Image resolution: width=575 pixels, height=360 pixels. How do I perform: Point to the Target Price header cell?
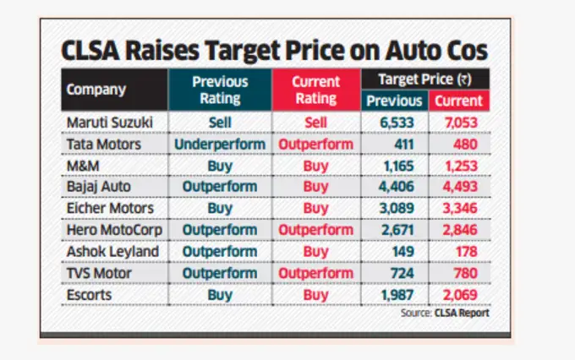tap(425, 79)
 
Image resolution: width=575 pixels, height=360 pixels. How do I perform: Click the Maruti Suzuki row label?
tap(110, 123)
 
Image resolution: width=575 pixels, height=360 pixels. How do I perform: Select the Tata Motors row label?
tap(105, 144)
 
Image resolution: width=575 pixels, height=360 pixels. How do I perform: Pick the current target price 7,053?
tap(460, 123)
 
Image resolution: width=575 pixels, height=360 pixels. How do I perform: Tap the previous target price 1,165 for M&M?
tap(394, 166)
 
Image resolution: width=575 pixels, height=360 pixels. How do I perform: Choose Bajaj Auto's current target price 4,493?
tap(460, 187)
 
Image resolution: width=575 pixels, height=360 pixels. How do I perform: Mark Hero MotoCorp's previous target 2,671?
tap(394, 229)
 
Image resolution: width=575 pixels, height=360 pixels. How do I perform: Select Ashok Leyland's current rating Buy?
tap(315, 251)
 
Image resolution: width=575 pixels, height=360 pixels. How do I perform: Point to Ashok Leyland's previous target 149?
tap(394, 251)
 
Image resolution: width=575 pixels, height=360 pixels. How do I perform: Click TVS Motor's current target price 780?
tap(460, 272)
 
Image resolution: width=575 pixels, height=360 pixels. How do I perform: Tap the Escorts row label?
tap(90, 294)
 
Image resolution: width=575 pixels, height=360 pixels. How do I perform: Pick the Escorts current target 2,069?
tap(460, 294)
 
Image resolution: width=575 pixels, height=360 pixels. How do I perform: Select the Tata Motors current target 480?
tap(460, 144)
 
